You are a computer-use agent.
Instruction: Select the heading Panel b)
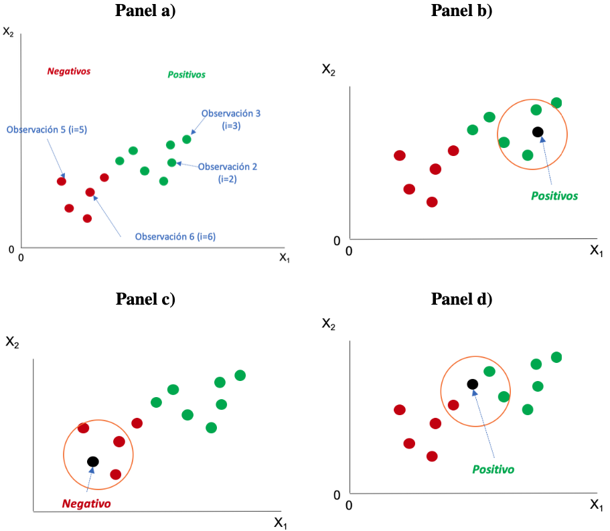(461, 11)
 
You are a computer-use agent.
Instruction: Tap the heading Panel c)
(145, 299)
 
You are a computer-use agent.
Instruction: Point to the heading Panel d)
(461, 299)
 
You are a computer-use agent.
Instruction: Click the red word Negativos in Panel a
(68, 70)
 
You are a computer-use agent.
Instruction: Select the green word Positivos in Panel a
(186, 75)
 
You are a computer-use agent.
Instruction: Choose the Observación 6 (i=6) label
(175, 236)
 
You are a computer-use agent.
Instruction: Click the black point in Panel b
(538, 132)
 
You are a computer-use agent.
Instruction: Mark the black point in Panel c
(93, 461)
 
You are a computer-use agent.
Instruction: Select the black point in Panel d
(472, 384)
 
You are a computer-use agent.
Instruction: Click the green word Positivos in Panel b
(554, 196)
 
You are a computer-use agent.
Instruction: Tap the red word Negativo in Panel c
(86, 504)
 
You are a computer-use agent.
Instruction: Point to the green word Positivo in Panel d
(493, 469)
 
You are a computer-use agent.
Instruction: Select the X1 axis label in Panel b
(596, 250)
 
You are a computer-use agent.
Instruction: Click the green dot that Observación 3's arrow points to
(186, 139)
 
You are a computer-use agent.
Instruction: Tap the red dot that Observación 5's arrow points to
(62, 181)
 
